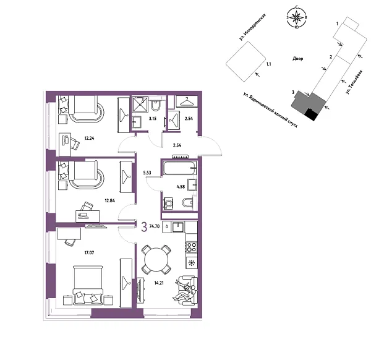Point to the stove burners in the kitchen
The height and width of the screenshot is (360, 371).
click(x=191, y=247)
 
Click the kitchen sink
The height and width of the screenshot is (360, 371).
click(x=178, y=226)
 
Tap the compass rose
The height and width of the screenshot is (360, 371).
click(x=297, y=17)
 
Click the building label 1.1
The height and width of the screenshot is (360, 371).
click(x=268, y=64)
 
